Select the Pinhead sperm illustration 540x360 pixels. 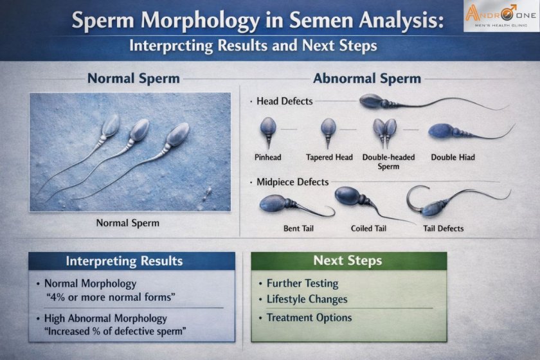[x=267, y=131]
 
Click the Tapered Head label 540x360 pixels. [x=329, y=157]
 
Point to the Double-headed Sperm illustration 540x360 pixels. [x=384, y=132]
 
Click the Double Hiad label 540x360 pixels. [x=453, y=157]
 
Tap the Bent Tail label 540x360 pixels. [x=299, y=228]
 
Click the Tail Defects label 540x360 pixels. [x=443, y=228]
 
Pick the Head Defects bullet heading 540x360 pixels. [x=284, y=101]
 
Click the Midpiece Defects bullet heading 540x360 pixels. [x=292, y=182]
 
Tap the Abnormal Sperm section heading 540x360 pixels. [x=366, y=79]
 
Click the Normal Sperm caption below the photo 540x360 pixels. [x=127, y=223]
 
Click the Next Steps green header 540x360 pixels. [x=348, y=260]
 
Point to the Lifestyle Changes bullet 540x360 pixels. [x=307, y=299]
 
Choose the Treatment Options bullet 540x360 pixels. [x=309, y=318]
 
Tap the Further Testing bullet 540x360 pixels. [x=302, y=283]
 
